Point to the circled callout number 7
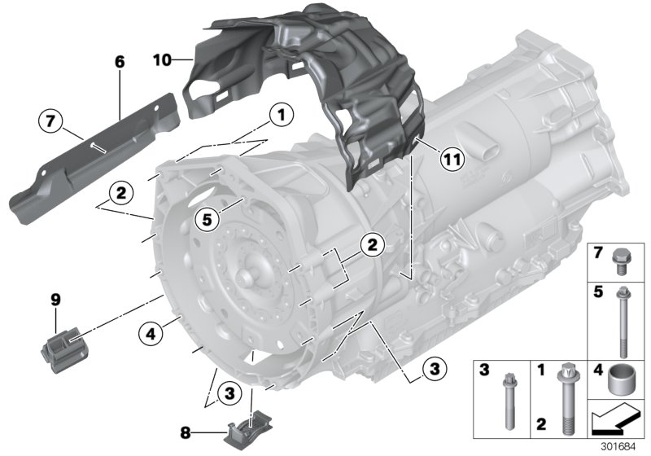point(50,123)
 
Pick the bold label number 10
point(162,59)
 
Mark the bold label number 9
point(56,300)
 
